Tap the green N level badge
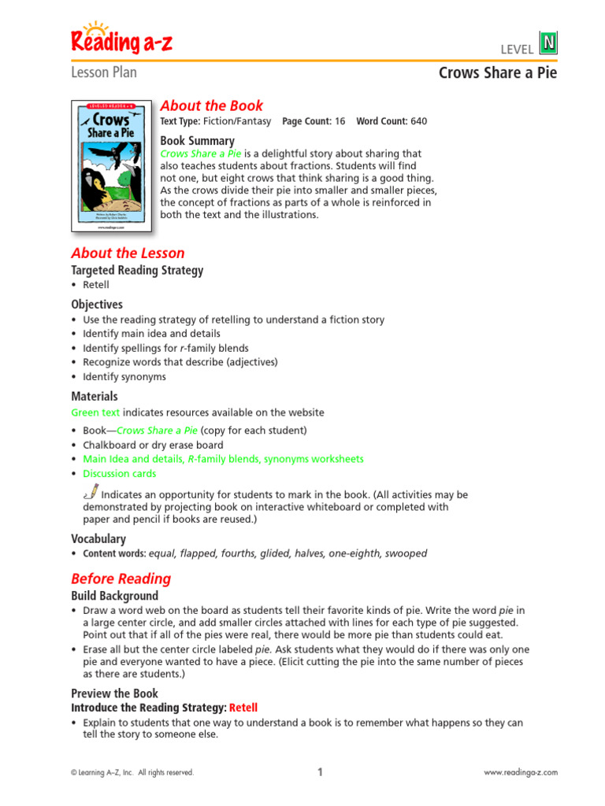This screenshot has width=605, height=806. (x=547, y=42)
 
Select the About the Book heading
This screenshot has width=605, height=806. (x=211, y=105)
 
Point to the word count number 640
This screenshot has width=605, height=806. (x=418, y=121)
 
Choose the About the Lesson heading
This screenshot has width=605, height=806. (x=128, y=253)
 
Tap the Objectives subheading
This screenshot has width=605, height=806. (x=97, y=304)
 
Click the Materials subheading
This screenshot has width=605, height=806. (x=95, y=397)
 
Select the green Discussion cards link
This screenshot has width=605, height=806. (x=119, y=474)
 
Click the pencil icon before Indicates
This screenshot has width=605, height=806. (x=90, y=493)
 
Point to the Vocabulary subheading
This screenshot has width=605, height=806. (x=98, y=539)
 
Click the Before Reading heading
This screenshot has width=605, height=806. (x=121, y=579)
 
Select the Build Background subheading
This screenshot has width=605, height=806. (x=114, y=596)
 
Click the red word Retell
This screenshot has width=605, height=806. (x=243, y=708)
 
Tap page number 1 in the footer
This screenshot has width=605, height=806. (x=320, y=772)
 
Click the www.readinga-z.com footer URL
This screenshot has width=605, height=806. (x=520, y=773)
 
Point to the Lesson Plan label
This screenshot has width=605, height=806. (x=104, y=72)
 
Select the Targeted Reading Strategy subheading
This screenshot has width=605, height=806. (x=137, y=270)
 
